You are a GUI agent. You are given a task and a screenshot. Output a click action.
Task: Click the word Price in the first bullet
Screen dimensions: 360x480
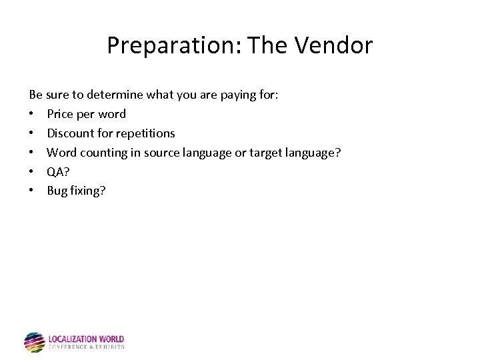(61, 114)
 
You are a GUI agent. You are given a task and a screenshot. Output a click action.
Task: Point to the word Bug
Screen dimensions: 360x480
(56, 191)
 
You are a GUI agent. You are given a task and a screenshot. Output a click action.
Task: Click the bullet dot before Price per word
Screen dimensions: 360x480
(32, 114)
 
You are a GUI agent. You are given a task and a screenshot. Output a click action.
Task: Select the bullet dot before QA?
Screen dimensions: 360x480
(32, 172)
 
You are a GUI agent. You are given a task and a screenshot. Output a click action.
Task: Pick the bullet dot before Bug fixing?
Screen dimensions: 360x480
(32, 191)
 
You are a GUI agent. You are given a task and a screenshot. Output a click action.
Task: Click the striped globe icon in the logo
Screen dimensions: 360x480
(34, 342)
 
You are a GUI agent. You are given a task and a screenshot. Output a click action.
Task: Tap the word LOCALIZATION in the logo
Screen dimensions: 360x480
(73, 339)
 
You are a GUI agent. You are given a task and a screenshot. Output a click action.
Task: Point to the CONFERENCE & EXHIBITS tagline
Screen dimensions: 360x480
(86, 347)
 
